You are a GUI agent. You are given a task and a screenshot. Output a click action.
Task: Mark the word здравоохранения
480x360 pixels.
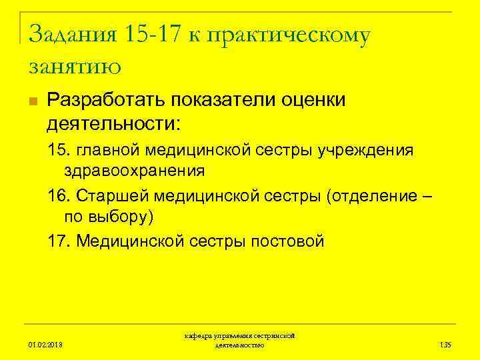coord(134,171)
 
